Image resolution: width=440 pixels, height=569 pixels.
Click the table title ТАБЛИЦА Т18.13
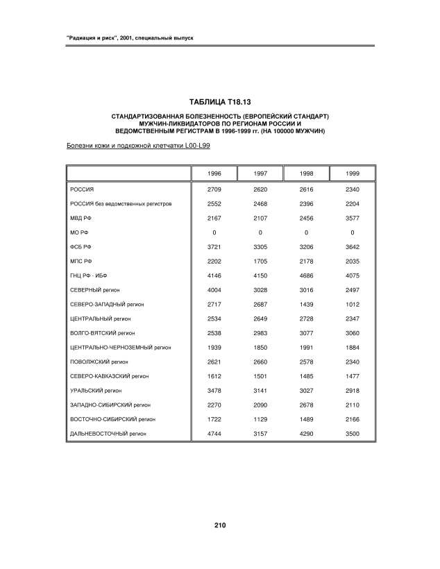tap(219, 103)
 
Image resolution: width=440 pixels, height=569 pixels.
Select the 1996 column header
tap(214, 173)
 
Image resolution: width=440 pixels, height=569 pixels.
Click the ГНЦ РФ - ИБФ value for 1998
tap(306, 275)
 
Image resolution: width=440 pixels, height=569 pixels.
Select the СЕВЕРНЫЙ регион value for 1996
tap(214, 290)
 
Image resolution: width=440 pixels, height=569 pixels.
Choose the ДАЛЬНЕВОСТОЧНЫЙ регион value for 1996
tap(214, 434)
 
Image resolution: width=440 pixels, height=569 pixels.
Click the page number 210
tap(220, 525)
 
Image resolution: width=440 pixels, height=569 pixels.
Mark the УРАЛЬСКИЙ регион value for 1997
tap(260, 391)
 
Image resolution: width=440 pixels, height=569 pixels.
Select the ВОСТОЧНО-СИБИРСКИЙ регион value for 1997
tap(260, 419)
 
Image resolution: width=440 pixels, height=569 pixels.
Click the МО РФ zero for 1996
tap(214, 232)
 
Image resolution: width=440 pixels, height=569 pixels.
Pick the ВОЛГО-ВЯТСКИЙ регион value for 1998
tap(306, 333)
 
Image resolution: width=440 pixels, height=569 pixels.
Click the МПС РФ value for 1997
tap(260, 261)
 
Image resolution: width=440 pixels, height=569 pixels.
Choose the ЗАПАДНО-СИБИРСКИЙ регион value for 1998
tap(306, 405)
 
